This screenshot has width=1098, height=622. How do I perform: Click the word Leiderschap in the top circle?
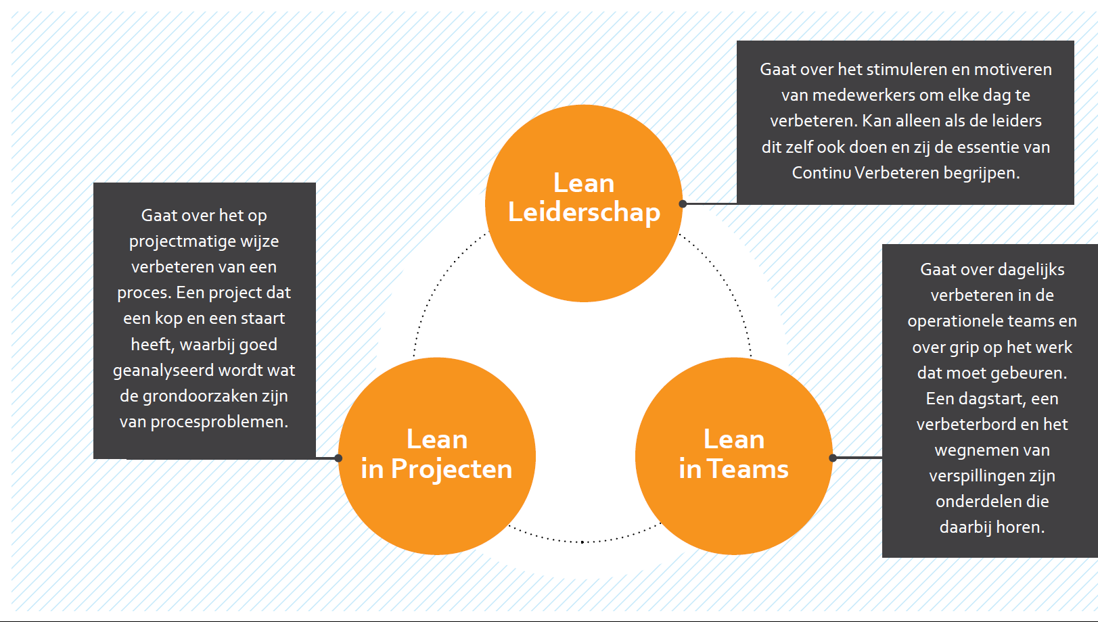[x=584, y=212]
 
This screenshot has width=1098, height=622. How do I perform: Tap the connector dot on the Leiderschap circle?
[x=683, y=204]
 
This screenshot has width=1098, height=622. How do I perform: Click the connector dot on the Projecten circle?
[x=338, y=458]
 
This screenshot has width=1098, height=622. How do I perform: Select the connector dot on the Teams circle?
[x=833, y=458]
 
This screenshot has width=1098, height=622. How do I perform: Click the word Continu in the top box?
[x=821, y=173]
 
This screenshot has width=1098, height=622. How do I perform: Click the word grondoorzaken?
[x=189, y=396]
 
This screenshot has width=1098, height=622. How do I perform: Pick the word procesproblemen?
[x=219, y=422]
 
